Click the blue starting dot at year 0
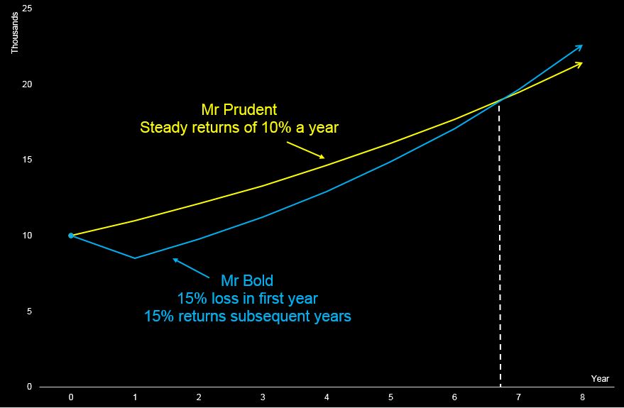71,236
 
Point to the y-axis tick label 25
28,9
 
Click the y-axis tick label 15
28,160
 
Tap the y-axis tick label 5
30,311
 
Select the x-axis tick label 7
518,397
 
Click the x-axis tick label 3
263,397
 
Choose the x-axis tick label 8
583,397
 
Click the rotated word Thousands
15,33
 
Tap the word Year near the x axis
600,379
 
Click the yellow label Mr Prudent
239,109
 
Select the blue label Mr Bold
247,281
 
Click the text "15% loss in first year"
247,298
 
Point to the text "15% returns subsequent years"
247,316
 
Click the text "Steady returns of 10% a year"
239,128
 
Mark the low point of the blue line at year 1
135,258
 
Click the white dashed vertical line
500,243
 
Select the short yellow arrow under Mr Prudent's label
306,150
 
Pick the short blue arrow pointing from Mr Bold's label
191,268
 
